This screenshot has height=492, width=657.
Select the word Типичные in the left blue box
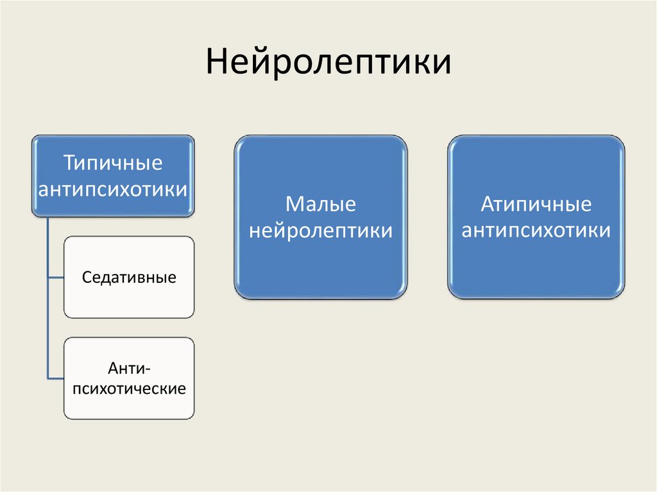coord(112,163)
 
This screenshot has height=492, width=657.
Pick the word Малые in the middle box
coord(320,205)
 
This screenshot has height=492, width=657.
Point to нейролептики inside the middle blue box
coord(320,230)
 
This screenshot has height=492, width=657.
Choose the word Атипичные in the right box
coord(536,205)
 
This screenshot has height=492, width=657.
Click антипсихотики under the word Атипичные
coord(536,230)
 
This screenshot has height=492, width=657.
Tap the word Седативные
coord(129,278)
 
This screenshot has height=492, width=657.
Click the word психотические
coord(129,389)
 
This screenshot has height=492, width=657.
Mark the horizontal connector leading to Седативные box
coord(56,277)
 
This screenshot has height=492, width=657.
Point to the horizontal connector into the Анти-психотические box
coord(56,378)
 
